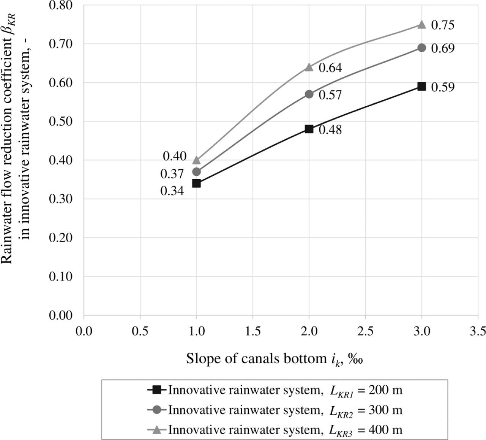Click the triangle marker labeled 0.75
pyautogui.click(x=421, y=25)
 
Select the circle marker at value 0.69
pyautogui.click(x=421, y=48)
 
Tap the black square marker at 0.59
pyautogui.click(x=421, y=87)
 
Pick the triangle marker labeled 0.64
pyautogui.click(x=309, y=67)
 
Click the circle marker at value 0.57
pyautogui.click(x=309, y=94)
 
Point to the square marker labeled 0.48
pyautogui.click(x=309, y=129)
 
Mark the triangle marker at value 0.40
pyautogui.click(x=196, y=160)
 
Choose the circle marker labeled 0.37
pyautogui.click(x=196, y=172)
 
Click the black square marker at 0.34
pyautogui.click(x=196, y=183)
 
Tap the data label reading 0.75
pyautogui.click(x=443, y=25)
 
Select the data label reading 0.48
pyautogui.click(x=330, y=130)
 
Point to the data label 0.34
pyautogui.click(x=172, y=191)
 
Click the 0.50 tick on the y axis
pyautogui.click(x=60, y=121)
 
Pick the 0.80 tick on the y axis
pyautogui.click(x=60, y=6)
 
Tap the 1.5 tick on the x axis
pyautogui.click(x=253, y=331)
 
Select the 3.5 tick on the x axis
pyautogui.click(x=477, y=331)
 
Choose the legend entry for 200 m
pyautogui.click(x=274, y=390)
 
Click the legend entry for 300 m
pyautogui.click(x=274, y=410)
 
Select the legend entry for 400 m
pyautogui.click(x=274, y=430)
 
